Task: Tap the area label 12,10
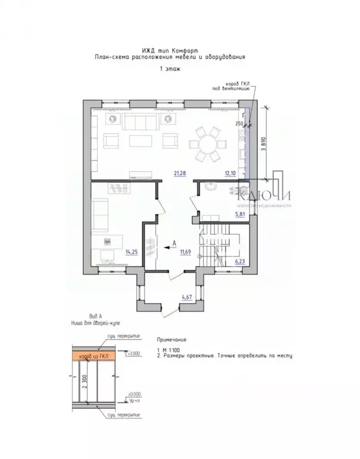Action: [x=230, y=174]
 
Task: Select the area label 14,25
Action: [x=132, y=252]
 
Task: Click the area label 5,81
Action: [x=240, y=213]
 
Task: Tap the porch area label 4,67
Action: [x=188, y=296]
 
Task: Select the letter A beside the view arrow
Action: [x=173, y=242]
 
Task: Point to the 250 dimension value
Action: [x=239, y=124]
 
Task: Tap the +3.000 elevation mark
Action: [x=134, y=354]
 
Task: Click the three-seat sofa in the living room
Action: [x=139, y=123]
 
